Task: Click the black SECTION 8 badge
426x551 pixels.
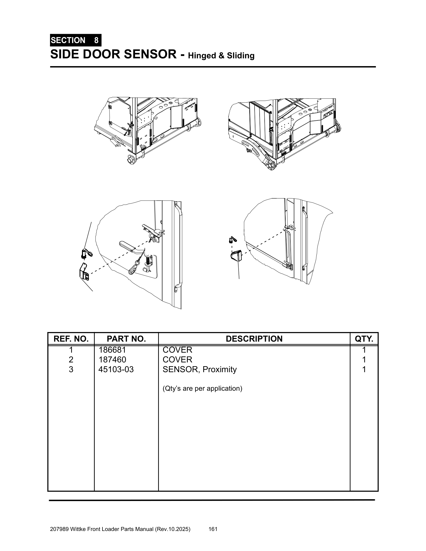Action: click(x=75, y=40)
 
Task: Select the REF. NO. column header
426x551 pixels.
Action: click(x=71, y=339)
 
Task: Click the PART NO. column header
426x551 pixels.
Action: click(x=126, y=339)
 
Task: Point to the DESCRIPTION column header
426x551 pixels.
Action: click(x=254, y=339)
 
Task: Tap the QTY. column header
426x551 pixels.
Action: click(x=364, y=339)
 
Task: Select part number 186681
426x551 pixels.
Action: click(x=112, y=350)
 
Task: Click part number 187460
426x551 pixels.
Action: click(x=112, y=359)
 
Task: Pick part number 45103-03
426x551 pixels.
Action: click(x=116, y=369)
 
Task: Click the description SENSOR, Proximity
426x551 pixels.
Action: click(x=200, y=369)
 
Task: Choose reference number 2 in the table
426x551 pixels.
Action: click(x=71, y=359)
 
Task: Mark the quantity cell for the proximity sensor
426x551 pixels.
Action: click(x=364, y=369)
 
